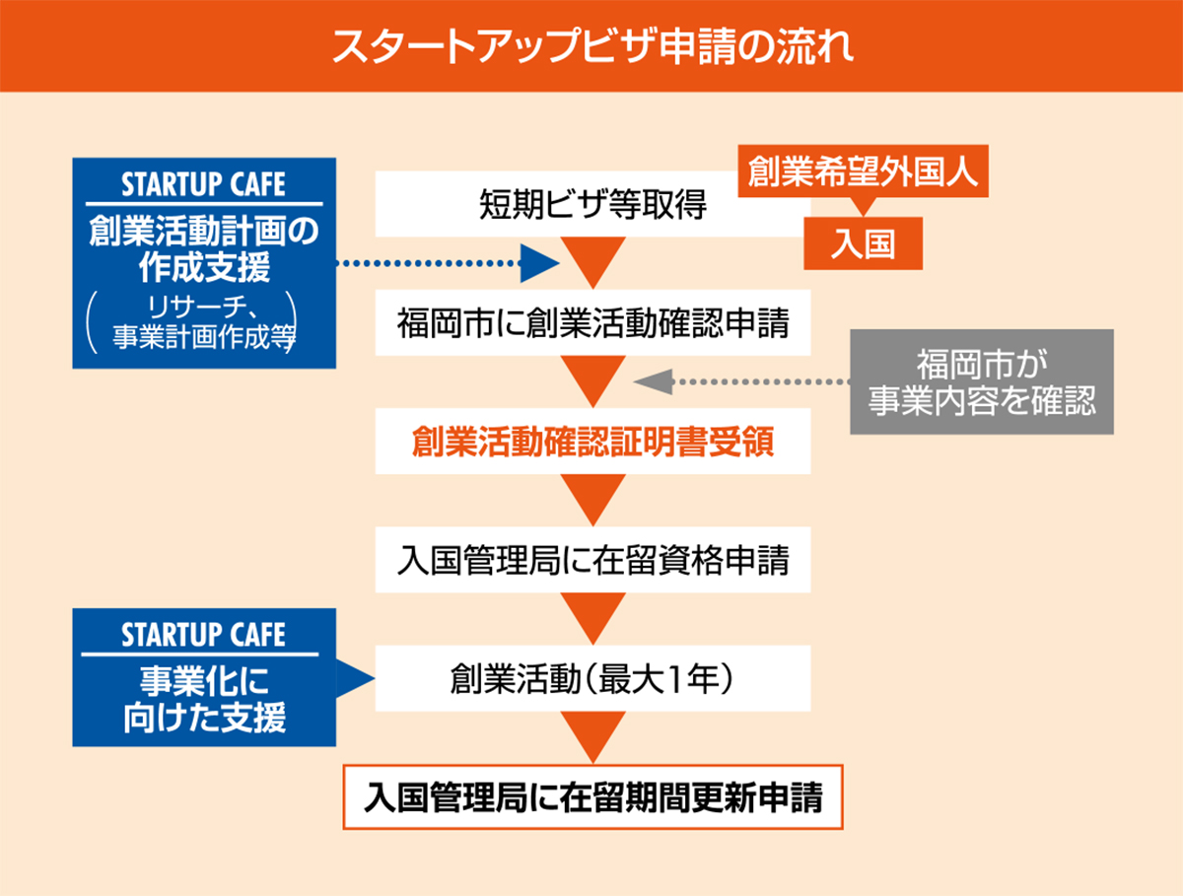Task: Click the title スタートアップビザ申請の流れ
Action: (591, 46)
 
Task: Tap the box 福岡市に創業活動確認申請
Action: (592, 323)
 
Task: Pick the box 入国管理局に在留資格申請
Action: (592, 560)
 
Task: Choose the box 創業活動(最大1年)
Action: (592, 678)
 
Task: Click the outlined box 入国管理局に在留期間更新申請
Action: (592, 795)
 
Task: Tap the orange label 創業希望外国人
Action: (863, 172)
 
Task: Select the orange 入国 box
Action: (863, 244)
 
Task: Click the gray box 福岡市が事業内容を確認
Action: (982, 381)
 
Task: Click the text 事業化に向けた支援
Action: (204, 701)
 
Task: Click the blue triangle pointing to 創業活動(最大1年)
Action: (355, 678)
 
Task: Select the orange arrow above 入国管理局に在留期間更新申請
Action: (592, 735)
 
